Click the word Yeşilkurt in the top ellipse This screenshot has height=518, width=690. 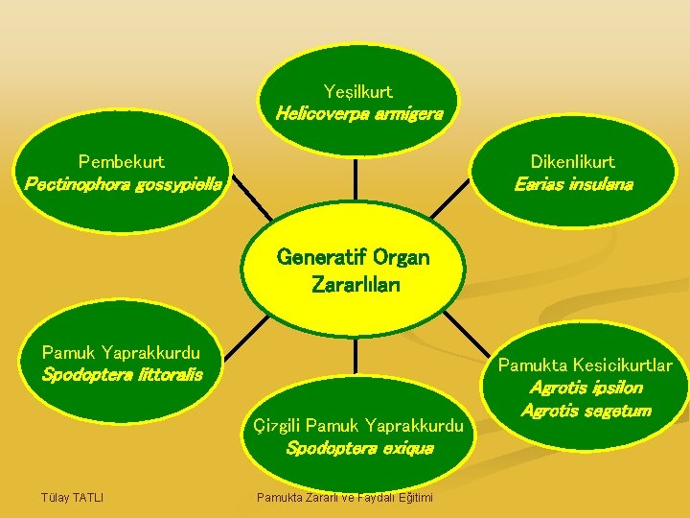click(357, 92)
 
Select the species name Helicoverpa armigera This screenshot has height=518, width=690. click(358, 114)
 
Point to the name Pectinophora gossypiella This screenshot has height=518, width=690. click(122, 182)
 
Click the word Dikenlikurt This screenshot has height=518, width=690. click(573, 162)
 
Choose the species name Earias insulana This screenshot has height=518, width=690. click(573, 183)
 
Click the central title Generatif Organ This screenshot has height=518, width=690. click(353, 257)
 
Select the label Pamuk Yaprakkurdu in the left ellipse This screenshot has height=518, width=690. click(121, 353)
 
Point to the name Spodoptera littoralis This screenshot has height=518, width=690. click(122, 374)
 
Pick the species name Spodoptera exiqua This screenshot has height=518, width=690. click(359, 447)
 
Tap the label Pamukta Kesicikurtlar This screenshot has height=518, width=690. click(585, 365)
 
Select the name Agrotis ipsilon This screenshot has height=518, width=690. click(585, 388)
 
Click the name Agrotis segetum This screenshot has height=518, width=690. click(585, 411)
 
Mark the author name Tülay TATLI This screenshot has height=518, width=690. click(72, 496)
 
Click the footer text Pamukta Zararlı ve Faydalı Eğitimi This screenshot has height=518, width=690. click(344, 497)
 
